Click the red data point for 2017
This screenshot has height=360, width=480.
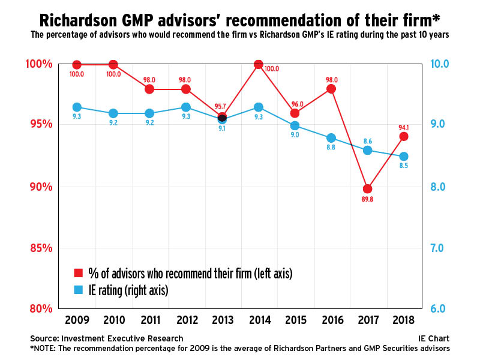368,189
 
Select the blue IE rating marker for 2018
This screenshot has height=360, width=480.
404,157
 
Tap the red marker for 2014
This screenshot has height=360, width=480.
259,64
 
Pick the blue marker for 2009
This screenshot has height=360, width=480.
77,107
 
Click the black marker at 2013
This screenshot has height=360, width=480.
222,118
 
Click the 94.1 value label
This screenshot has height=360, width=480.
404,127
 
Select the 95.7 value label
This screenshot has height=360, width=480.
222,107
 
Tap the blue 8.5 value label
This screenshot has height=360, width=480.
404,167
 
